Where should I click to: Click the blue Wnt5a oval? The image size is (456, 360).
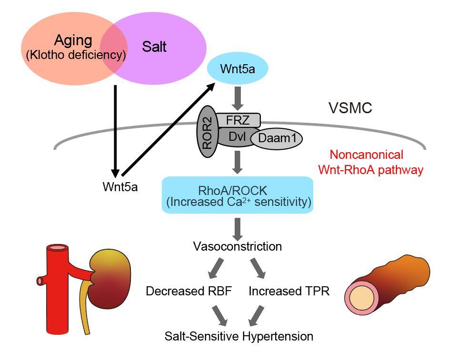[238, 69]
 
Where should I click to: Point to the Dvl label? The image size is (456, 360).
[237, 136]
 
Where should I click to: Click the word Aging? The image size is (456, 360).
[73, 40]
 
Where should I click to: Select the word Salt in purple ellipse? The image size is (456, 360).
[154, 47]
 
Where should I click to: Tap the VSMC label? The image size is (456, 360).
[350, 108]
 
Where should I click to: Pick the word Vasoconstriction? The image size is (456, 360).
[237, 246]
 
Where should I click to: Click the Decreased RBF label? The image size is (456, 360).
[188, 291]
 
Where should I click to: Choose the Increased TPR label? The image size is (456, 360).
[289, 291]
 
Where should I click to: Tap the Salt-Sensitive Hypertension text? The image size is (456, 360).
[239, 336]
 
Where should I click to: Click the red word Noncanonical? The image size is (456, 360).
[367, 155]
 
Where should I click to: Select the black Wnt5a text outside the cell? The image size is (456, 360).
[120, 186]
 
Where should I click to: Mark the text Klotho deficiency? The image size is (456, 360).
[76, 55]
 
